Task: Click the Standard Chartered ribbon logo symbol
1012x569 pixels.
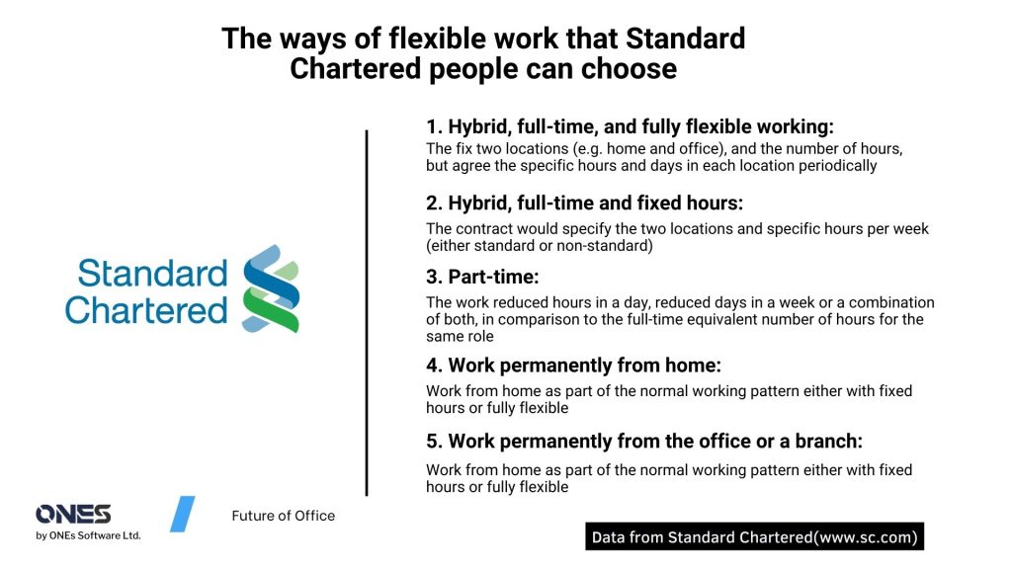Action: point(271,288)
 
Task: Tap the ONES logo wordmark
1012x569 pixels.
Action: point(73,514)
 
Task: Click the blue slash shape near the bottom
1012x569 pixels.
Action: point(183,514)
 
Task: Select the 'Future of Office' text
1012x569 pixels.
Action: point(284,516)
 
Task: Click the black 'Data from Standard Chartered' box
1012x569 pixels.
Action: point(754,536)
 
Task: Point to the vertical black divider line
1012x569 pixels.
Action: point(367,313)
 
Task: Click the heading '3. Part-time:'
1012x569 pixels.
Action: point(482,277)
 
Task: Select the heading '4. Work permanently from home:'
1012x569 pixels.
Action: point(573,366)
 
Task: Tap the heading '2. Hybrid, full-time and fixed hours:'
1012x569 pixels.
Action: point(584,203)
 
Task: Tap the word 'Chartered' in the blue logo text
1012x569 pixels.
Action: point(146,311)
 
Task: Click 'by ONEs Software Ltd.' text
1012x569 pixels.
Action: point(88,535)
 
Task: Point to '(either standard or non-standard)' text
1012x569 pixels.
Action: point(539,246)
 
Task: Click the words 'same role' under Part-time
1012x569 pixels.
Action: point(460,336)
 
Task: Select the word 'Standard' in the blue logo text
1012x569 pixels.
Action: point(153,274)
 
